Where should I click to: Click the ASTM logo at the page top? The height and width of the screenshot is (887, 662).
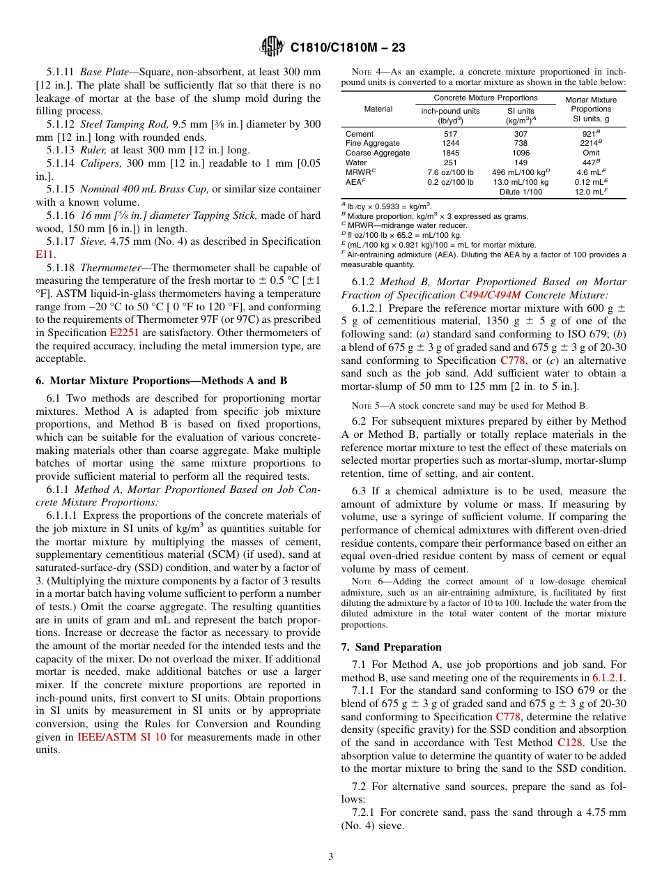(x=272, y=47)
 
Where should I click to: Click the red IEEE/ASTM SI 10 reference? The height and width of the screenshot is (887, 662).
(x=121, y=737)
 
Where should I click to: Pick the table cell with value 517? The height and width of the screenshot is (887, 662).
(x=451, y=134)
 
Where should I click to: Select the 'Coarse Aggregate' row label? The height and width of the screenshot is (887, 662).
(x=378, y=153)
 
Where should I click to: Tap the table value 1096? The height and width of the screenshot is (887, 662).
(x=521, y=153)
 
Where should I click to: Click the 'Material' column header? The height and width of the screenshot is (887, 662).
(x=378, y=109)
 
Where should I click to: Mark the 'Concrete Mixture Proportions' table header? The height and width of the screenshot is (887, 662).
(x=486, y=98)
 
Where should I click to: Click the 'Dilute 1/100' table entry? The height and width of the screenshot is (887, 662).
(x=521, y=192)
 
